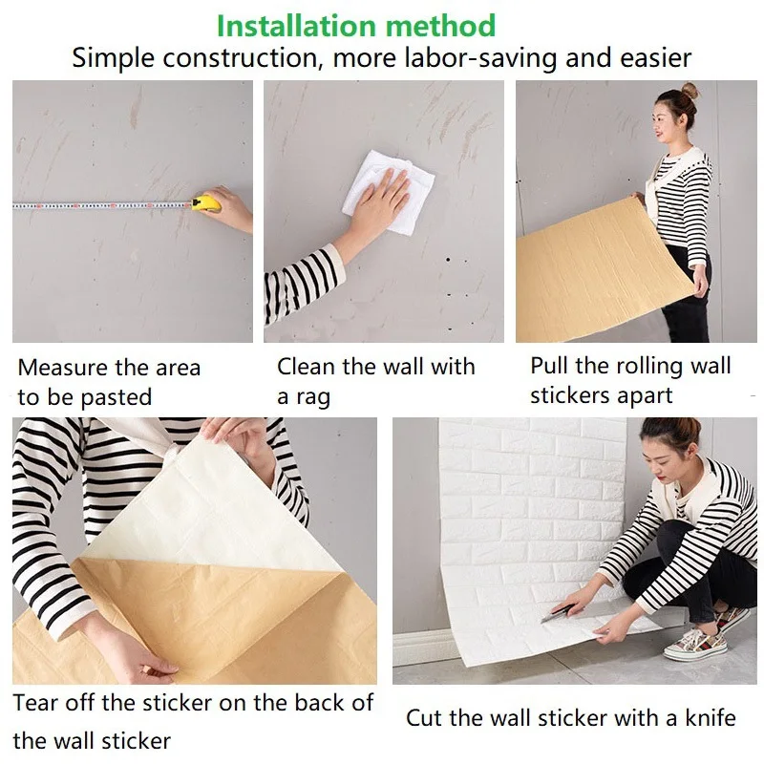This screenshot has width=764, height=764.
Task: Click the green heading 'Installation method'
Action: pos(355,25)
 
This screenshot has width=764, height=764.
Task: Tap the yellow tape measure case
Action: pos(205,202)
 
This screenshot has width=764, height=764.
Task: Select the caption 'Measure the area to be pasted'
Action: pos(109,382)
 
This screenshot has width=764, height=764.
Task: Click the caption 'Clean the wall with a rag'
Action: pos(375,381)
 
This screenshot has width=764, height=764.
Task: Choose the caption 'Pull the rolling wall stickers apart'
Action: pos(630,380)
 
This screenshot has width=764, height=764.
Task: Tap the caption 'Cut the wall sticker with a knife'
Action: pos(571,718)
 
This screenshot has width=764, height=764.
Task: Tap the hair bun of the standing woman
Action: pos(689,92)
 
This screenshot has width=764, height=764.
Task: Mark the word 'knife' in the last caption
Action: pos(707,718)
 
